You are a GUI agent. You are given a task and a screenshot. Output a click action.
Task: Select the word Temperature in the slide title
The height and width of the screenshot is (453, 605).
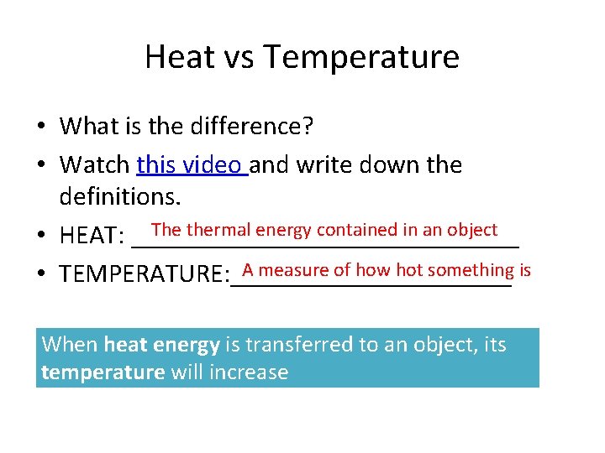click(x=361, y=57)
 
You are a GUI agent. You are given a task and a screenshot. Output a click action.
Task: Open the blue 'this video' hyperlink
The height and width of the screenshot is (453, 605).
click(x=191, y=164)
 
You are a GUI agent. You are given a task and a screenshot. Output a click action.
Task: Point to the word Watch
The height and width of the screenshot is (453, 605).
click(x=94, y=164)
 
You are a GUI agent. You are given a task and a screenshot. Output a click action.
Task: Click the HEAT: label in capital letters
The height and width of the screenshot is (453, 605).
click(x=92, y=237)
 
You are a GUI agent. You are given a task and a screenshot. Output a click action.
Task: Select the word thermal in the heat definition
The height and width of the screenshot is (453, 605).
click(x=218, y=230)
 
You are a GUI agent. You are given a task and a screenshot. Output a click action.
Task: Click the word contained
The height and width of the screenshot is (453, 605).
click(x=354, y=230)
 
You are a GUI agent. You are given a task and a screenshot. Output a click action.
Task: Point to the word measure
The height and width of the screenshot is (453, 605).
click(x=294, y=269)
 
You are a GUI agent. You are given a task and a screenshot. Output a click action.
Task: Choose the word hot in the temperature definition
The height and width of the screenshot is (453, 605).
click(x=409, y=269)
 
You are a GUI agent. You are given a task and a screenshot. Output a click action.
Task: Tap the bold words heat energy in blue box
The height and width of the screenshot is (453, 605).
click(x=161, y=344)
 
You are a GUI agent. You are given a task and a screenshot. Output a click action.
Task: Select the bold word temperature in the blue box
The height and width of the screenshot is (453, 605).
click(x=103, y=372)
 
